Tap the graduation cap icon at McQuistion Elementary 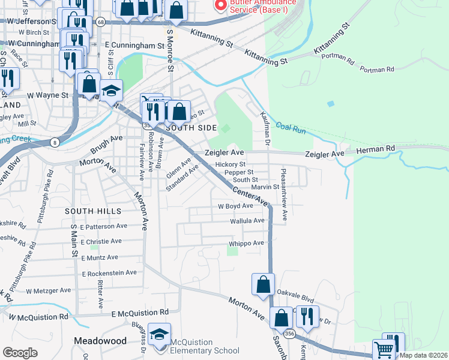pos(160,335)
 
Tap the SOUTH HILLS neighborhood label pos(93,211)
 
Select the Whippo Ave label pos(246,243)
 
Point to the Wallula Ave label pos(247,221)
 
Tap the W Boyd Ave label pos(235,206)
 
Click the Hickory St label pos(231,164)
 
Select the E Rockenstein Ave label pos(109,273)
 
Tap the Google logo pos(19,352)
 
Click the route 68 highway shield pos(100,22)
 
